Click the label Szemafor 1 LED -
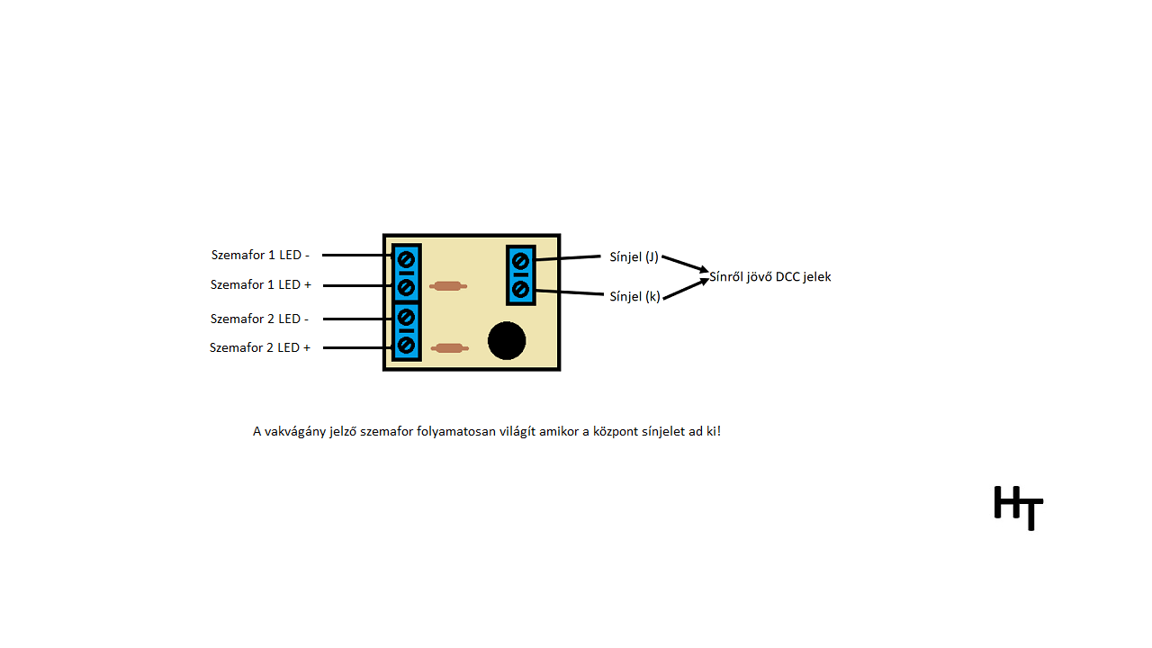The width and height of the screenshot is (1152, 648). (x=260, y=255)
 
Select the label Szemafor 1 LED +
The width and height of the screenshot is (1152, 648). (x=261, y=284)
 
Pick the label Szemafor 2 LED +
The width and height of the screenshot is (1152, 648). (x=260, y=347)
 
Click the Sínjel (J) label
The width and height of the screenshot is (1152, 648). (x=634, y=256)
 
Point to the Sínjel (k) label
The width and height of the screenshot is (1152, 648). (x=634, y=296)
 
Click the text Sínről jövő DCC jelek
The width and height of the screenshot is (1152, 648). (x=770, y=276)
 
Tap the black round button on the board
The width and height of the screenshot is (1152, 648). (x=507, y=341)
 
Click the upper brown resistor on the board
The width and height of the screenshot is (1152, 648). (x=447, y=286)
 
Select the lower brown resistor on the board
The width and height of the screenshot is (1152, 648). (x=448, y=347)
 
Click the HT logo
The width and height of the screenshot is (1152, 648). (x=1019, y=508)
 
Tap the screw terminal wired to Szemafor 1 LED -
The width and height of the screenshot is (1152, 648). (x=406, y=259)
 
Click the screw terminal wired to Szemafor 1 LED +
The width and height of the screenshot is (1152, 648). (x=406, y=287)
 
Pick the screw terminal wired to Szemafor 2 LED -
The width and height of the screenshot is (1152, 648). (x=406, y=317)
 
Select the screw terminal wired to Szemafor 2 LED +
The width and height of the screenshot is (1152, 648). (x=406, y=345)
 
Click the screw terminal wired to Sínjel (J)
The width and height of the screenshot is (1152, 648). (x=520, y=261)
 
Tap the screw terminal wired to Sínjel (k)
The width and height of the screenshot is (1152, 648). (x=520, y=289)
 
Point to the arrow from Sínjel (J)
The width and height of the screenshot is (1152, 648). (x=686, y=263)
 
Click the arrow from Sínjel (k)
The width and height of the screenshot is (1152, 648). (x=686, y=288)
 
